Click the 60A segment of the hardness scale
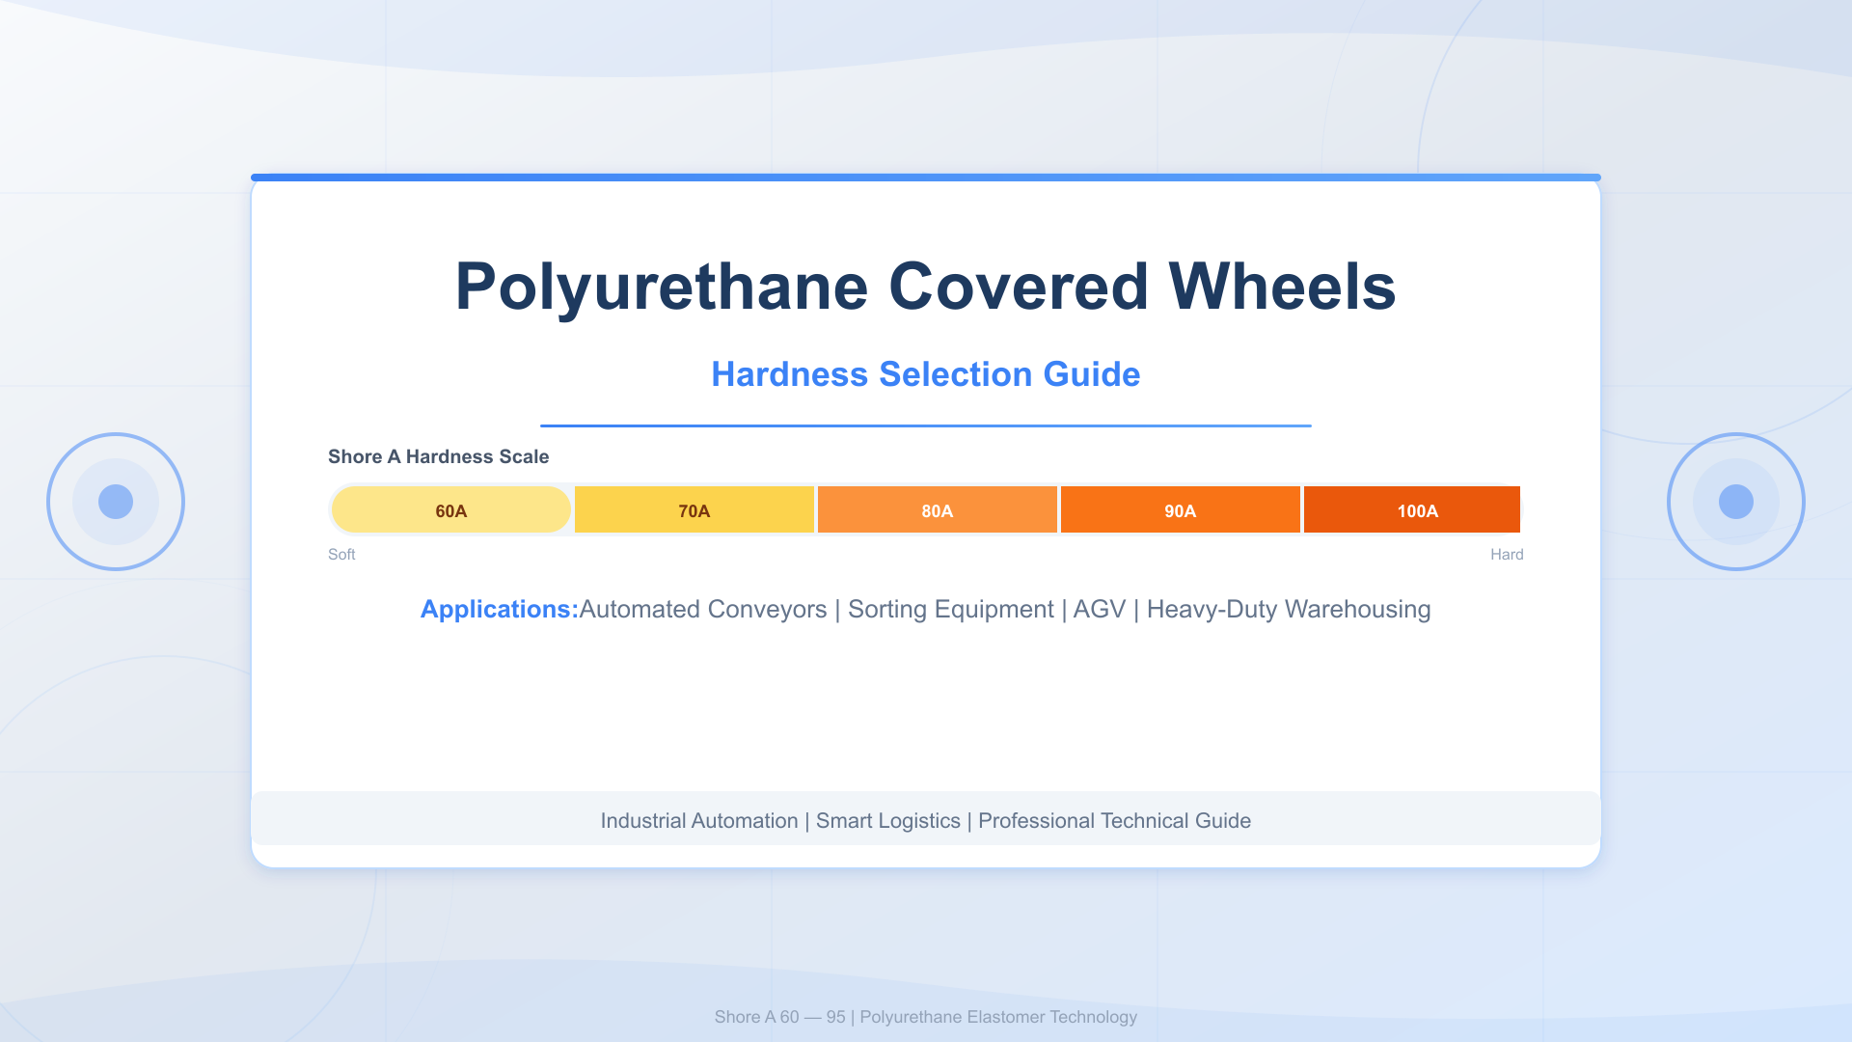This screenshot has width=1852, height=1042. click(450, 510)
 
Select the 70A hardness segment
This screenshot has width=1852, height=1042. click(694, 510)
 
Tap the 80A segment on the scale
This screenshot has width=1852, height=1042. click(937, 510)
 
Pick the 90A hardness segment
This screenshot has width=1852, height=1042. click(1180, 510)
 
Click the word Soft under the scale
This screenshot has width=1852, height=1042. click(341, 555)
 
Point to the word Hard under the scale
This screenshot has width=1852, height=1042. click(1507, 555)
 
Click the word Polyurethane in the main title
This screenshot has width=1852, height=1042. click(662, 287)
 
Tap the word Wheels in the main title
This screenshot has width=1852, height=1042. click(1282, 287)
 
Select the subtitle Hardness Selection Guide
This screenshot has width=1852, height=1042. click(926, 374)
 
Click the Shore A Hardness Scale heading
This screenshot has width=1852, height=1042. click(438, 456)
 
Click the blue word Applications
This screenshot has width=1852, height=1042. click(499, 610)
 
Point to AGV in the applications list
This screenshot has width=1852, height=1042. click(1100, 610)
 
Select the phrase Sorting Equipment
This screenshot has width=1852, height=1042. click(950, 610)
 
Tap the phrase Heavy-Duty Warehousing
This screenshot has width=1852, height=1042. click(1288, 610)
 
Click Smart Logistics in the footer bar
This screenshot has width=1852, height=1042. click(887, 821)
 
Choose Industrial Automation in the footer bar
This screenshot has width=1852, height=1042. click(698, 821)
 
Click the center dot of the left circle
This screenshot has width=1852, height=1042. click(116, 502)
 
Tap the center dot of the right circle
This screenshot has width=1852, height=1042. click(1736, 502)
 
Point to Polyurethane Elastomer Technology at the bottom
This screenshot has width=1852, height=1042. click(998, 1017)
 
